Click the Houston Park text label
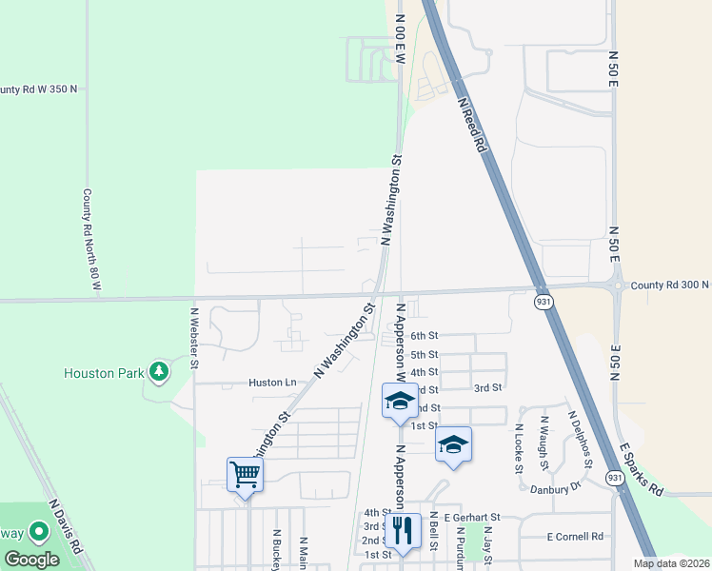[103, 373]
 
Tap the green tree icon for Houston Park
[159, 370]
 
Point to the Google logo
[32, 559]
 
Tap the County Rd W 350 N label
[38, 89]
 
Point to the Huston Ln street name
[272, 383]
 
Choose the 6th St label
[424, 336]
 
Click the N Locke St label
[519, 448]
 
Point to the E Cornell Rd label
[576, 536]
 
